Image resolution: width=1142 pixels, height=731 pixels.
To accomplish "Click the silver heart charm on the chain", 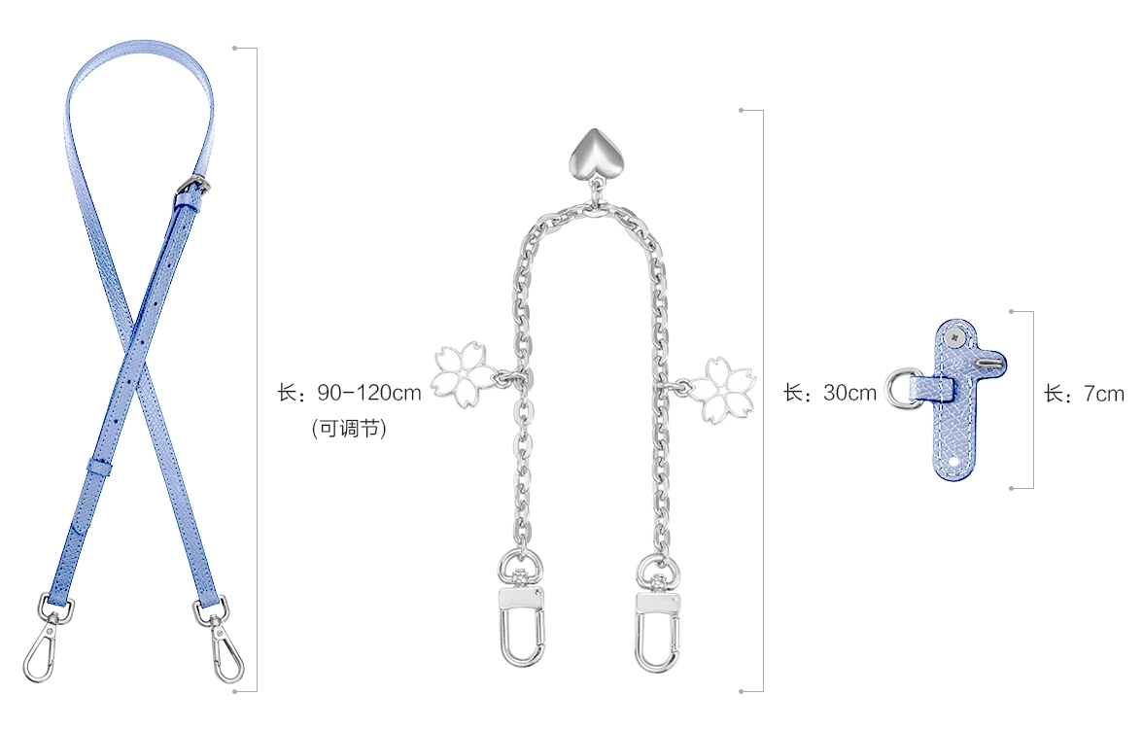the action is point(594,154).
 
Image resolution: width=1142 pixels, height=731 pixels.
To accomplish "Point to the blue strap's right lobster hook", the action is point(223,640).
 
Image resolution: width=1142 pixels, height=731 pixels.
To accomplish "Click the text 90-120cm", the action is point(369,393).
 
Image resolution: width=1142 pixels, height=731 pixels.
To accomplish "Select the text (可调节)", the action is point(349,428).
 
